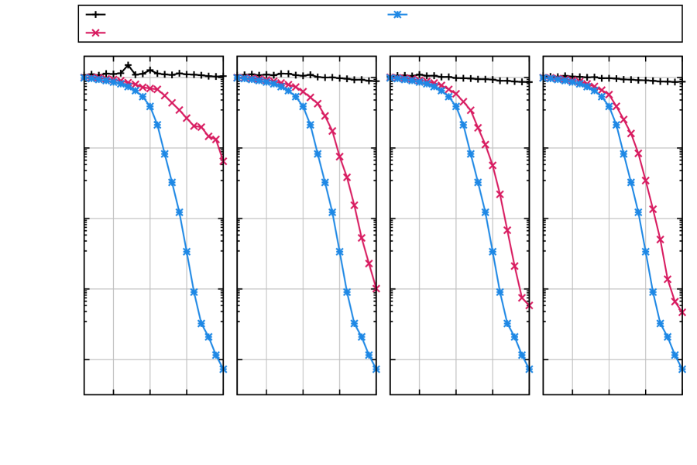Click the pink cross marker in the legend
(x=95, y=33)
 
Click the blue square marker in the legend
(x=397, y=14)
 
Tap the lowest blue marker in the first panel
(x=223, y=369)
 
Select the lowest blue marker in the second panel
(x=376, y=369)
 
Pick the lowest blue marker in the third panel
(x=529, y=369)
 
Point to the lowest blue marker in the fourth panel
(x=682, y=369)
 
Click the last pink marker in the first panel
(x=223, y=160)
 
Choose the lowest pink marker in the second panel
(x=376, y=288)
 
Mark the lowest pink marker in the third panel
(x=529, y=305)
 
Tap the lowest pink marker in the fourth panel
(x=682, y=312)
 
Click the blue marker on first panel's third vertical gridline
(x=187, y=252)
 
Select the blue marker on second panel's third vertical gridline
(x=339, y=252)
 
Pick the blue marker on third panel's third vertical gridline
(x=493, y=252)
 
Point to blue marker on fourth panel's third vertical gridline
(x=645, y=252)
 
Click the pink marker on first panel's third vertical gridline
(x=187, y=119)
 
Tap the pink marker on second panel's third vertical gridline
(x=339, y=157)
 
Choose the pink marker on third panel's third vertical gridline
(x=493, y=166)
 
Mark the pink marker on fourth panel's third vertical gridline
(x=645, y=180)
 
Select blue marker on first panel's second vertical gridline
(x=150, y=107)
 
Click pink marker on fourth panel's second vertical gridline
(x=609, y=95)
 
